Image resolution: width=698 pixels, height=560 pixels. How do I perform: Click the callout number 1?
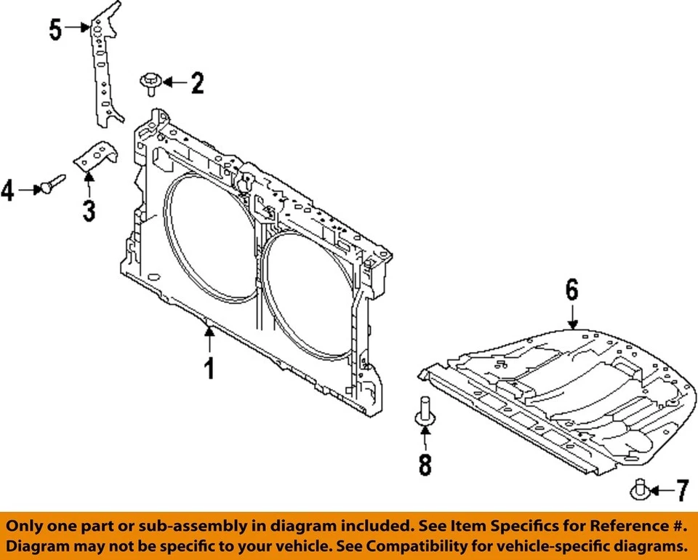click(209, 368)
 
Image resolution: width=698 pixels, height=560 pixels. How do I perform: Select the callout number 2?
click(197, 83)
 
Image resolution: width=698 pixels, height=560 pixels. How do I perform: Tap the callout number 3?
click(89, 211)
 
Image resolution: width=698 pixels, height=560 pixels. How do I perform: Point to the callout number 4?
click(7, 191)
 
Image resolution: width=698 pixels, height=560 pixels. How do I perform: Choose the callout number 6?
click(572, 289)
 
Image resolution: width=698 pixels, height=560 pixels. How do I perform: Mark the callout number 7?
click(683, 491)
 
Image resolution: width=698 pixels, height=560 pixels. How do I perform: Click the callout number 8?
click(425, 465)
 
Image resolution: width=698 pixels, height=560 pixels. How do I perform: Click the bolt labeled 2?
click(150, 84)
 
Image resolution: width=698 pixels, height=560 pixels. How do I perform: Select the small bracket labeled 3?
click(96, 156)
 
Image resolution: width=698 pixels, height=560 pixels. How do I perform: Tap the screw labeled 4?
click(52, 183)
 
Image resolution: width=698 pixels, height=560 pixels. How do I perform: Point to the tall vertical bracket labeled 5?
click(106, 65)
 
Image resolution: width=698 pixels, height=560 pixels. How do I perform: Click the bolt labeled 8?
click(425, 410)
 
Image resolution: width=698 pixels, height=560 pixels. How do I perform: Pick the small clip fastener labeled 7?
click(640, 489)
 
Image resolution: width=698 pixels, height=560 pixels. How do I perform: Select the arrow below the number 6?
click(572, 316)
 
